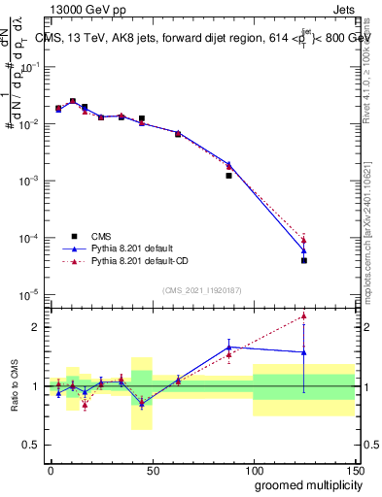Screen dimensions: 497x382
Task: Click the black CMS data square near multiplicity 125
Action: pyautogui.click(x=304, y=260)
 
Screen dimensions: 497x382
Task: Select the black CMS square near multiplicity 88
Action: pyautogui.click(x=228, y=176)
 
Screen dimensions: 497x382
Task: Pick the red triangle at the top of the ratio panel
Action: pyautogui.click(x=304, y=315)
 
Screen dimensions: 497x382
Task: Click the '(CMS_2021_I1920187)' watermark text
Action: pyautogui.click(x=202, y=290)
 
